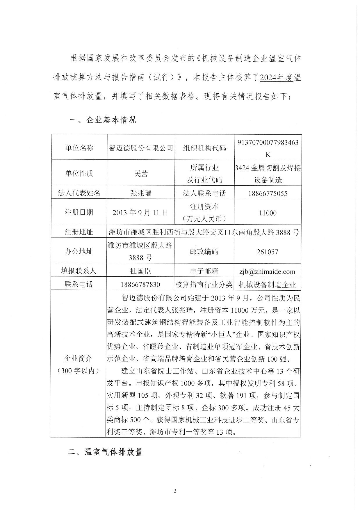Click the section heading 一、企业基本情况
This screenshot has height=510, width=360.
tap(103, 120)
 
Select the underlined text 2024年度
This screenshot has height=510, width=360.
tap(276, 78)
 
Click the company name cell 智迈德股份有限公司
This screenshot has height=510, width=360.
tap(141, 148)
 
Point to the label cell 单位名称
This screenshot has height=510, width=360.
tap(79, 148)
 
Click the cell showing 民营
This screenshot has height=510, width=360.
tap(141, 173)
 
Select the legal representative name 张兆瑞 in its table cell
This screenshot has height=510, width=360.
tap(141, 193)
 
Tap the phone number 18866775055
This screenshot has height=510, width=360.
tap(268, 193)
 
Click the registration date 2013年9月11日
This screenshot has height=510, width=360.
tap(141, 212)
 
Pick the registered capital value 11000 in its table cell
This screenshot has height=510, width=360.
tap(268, 213)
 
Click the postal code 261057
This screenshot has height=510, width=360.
tap(268, 252)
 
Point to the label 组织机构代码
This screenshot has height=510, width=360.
tap(204, 148)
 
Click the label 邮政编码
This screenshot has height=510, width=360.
tap(204, 252)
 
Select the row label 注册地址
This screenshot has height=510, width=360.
tap(79, 232)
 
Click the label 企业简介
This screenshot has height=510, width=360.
tap(78, 358)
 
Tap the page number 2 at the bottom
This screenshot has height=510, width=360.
tap(175, 491)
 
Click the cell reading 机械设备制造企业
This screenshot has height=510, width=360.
tap(267, 285)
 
